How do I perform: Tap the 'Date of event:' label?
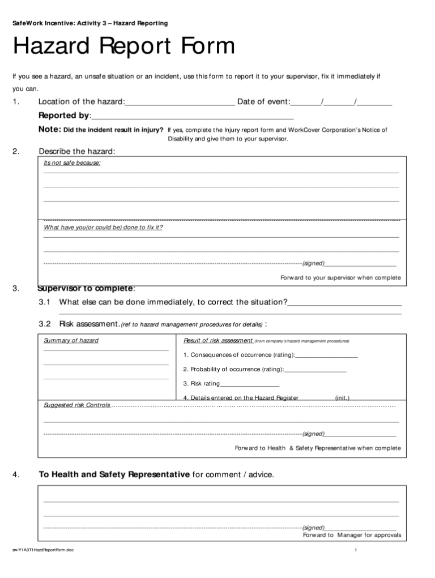263,102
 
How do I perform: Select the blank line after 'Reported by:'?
193,117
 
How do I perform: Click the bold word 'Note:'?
49,130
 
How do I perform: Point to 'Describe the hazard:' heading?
77,151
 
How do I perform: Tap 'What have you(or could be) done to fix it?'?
103,228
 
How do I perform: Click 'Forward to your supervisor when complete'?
340,278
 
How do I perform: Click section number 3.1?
45,302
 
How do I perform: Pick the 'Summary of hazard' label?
71,341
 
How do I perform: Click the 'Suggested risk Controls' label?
77,405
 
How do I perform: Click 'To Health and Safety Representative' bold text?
114,474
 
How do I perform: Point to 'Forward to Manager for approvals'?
352,535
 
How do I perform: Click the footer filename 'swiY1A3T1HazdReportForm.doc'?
46,551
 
